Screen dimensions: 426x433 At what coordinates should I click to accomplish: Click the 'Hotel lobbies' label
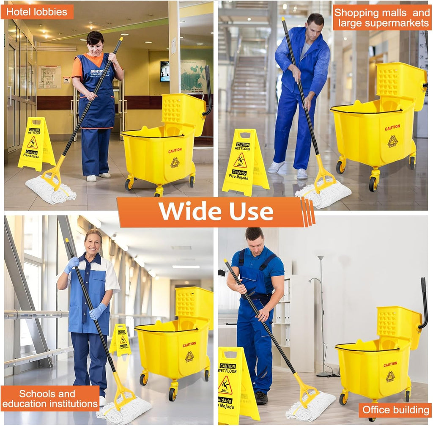tap(37, 12)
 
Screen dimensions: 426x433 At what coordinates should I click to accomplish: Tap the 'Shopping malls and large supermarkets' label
tap(382, 18)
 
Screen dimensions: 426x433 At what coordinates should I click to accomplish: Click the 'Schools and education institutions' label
tap(50, 399)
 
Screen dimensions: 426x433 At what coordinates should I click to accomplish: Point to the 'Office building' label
tap(395, 410)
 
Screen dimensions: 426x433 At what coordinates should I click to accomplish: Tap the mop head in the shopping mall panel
tap(324, 194)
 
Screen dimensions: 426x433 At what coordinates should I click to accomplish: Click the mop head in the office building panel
tap(311, 407)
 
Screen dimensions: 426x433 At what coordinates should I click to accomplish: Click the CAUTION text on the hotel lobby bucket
tap(175, 151)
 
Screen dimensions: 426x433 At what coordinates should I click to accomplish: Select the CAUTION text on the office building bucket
tap(390, 364)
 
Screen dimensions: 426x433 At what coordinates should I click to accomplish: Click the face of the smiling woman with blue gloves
tap(93, 243)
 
